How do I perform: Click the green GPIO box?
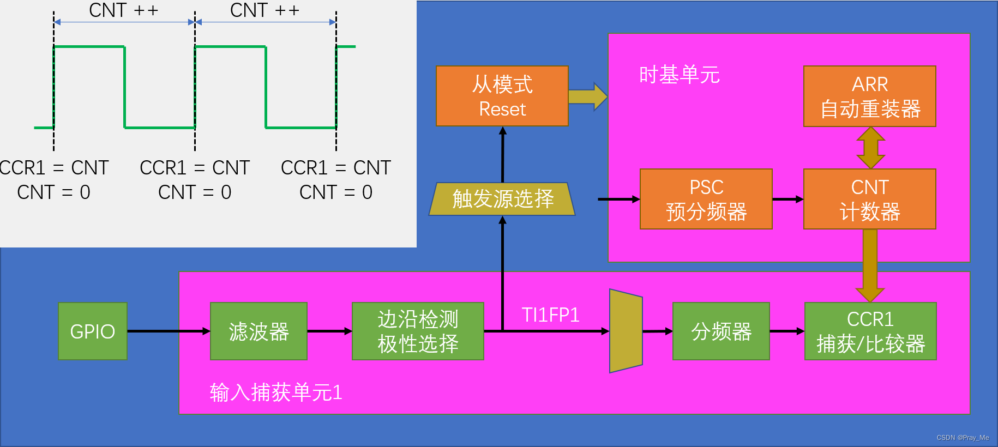click(93, 331)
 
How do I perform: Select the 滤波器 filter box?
click(258, 331)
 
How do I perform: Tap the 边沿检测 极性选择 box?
click(418, 331)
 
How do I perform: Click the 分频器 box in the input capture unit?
click(721, 331)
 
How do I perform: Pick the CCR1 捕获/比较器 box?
click(870, 331)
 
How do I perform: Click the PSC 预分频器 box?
click(706, 199)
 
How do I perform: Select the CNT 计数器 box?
click(869, 199)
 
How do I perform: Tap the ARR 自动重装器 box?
click(869, 96)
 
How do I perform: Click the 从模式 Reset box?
click(502, 96)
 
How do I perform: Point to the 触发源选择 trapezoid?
click(502, 199)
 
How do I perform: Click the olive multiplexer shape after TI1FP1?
click(626, 331)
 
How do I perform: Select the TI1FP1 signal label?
click(550, 315)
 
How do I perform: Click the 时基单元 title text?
click(679, 75)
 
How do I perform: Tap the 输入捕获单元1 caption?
click(276, 392)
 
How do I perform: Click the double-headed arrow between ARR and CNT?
click(870, 148)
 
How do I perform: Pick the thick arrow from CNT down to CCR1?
click(870, 264)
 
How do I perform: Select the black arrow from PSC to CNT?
click(787, 200)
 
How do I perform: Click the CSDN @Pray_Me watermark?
click(963, 438)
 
